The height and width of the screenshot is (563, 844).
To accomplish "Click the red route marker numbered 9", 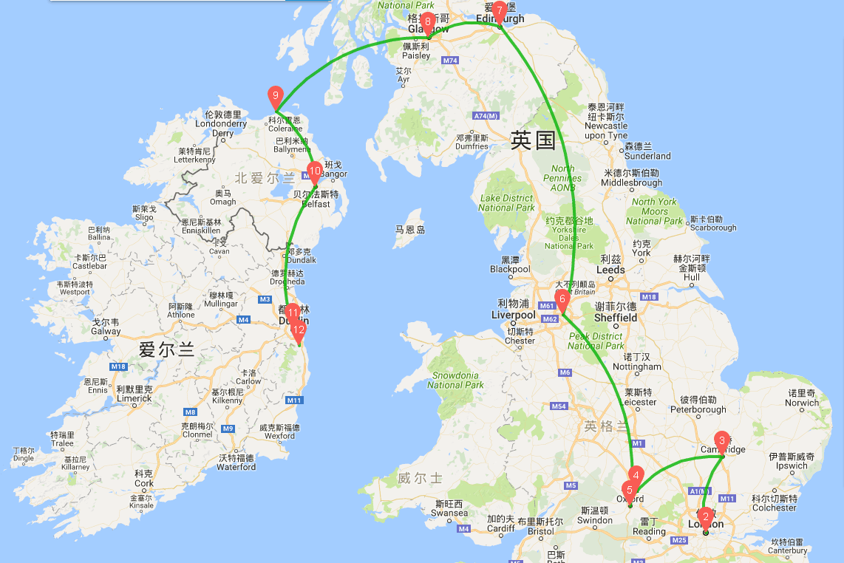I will tap(275, 96).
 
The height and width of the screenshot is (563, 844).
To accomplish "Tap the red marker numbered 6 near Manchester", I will tap(562, 300).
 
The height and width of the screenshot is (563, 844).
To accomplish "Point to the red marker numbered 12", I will tap(299, 330).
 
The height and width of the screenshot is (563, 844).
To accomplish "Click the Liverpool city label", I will tap(513, 315).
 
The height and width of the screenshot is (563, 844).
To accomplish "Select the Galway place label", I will tap(106, 331).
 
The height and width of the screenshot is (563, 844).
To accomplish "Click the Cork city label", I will tap(144, 483).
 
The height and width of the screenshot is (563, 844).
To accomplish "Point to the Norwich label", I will tap(802, 403).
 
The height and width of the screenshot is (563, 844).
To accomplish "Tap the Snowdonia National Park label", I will tap(456, 380).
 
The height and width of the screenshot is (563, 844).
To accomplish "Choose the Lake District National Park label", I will tap(506, 203).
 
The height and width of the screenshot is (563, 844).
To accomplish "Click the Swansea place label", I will tap(449, 512).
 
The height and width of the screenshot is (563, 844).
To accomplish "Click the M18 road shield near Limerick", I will tap(118, 366).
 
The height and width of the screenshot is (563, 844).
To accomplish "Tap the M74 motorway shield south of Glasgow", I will tap(451, 60).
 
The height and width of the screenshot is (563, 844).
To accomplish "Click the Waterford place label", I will tap(236, 466).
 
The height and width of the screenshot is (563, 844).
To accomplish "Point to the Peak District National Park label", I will tap(596, 341).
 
